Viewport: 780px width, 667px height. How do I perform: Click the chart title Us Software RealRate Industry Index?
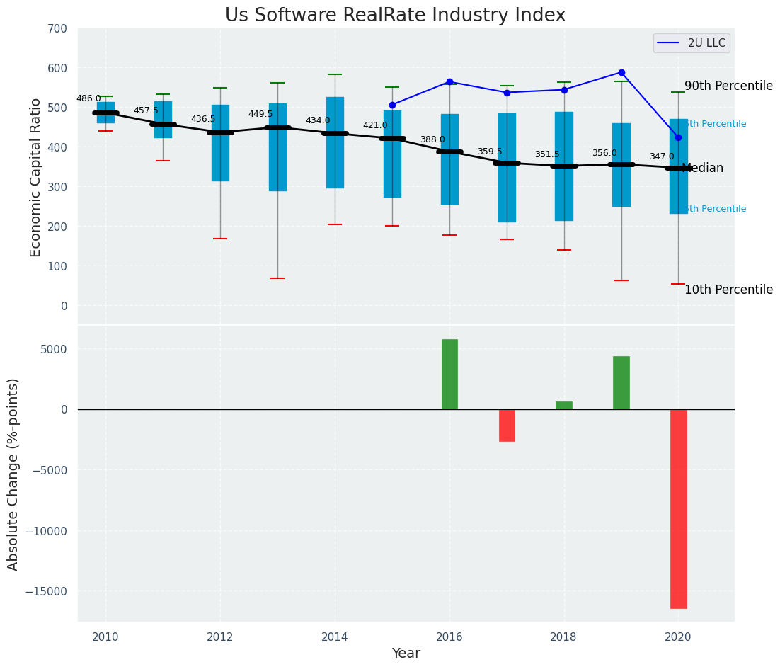point(395,16)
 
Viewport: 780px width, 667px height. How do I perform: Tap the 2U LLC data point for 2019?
point(621,72)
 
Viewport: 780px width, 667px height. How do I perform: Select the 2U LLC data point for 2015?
point(392,105)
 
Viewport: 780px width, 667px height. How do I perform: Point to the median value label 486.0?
point(88,98)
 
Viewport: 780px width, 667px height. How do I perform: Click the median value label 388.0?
point(432,139)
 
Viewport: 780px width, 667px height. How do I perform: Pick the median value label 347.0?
point(662,156)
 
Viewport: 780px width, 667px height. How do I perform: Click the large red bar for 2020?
point(678,508)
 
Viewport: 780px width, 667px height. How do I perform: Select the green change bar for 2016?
point(449,374)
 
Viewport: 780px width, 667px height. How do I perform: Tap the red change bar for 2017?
point(507,425)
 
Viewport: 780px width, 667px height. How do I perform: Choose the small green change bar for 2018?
point(564,405)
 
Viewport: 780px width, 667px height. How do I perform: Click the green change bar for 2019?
point(621,382)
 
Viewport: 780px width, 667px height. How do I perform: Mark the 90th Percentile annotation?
point(728,86)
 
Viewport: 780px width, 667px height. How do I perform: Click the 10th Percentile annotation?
point(728,290)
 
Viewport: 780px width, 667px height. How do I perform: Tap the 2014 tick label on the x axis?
point(335,637)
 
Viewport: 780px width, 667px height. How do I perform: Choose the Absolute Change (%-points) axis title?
point(13,474)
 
